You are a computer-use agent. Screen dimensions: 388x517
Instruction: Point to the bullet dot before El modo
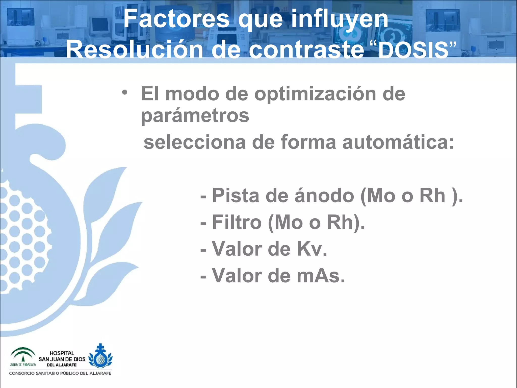click(124, 93)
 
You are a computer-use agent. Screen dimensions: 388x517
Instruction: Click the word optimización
click(315, 94)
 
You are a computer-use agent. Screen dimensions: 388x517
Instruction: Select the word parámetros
click(195, 116)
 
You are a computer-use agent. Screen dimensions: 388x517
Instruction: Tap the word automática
click(398, 142)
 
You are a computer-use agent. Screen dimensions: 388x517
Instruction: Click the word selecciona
click(195, 142)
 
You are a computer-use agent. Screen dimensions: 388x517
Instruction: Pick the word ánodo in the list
click(324, 196)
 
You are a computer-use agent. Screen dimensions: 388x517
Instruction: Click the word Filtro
click(237, 222)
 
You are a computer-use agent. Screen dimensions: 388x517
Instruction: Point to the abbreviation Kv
click(312, 249)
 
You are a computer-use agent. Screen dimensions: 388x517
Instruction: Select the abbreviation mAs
click(321, 276)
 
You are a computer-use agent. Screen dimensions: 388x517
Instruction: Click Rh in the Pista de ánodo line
click(432, 196)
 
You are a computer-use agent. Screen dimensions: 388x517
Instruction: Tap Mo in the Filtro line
click(289, 222)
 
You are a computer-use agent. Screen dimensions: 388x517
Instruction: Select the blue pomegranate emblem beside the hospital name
click(100, 356)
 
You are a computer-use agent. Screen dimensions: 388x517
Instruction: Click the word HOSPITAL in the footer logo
click(62, 353)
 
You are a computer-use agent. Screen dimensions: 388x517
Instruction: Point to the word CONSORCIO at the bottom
click(21, 373)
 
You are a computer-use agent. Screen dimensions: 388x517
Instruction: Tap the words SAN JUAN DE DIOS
click(62, 359)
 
